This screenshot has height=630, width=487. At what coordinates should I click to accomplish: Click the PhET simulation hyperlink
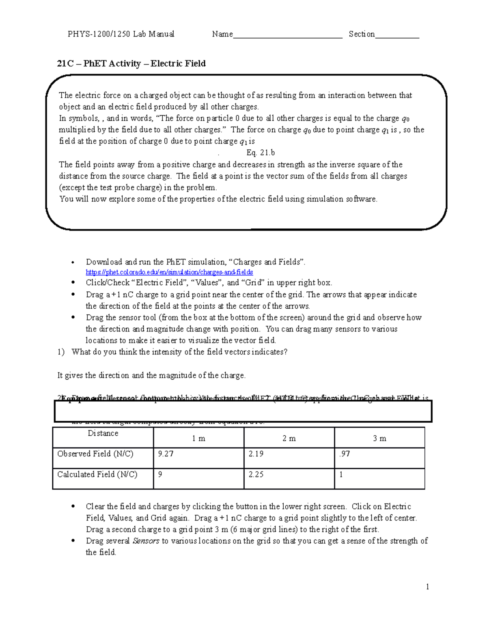[169, 272]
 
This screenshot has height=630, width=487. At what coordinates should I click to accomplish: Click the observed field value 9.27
[166, 454]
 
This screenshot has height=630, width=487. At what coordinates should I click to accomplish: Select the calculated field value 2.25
[256, 474]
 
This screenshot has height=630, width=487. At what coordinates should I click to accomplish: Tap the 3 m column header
[379, 439]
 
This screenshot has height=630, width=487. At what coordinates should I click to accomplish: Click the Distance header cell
[103, 434]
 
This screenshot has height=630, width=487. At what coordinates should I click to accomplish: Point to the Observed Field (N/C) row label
[95, 454]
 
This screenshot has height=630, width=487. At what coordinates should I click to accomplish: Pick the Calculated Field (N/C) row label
[97, 474]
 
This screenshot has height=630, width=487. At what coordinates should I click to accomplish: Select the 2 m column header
[289, 439]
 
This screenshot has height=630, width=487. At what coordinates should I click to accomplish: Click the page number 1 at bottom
[427, 587]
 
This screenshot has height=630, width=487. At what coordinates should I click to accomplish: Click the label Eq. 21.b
[261, 153]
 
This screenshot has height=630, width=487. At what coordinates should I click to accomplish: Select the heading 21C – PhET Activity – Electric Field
[131, 64]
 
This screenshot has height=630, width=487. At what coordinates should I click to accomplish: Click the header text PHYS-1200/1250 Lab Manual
[121, 34]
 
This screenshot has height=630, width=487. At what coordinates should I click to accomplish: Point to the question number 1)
[61, 352]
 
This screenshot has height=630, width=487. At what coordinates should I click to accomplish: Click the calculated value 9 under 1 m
[160, 474]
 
